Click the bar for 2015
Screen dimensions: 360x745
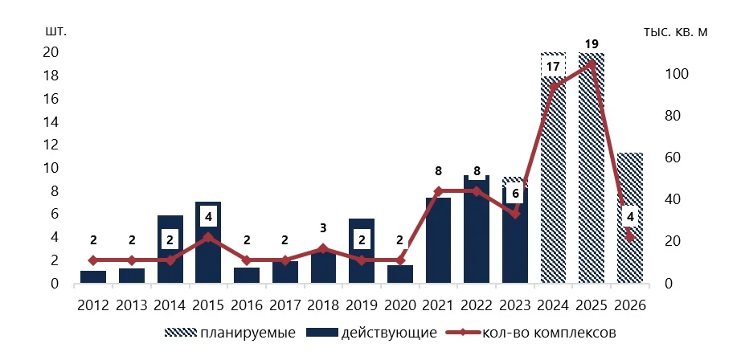click(208, 257)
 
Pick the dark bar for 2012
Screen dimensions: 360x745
click(93, 277)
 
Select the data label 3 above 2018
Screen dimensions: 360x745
click(323, 227)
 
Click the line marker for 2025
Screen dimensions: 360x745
click(592, 63)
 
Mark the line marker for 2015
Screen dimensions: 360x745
click(208, 237)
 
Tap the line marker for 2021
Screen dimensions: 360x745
click(438, 191)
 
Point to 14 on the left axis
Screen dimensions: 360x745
click(51, 122)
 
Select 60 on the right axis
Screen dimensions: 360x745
click(673, 157)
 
